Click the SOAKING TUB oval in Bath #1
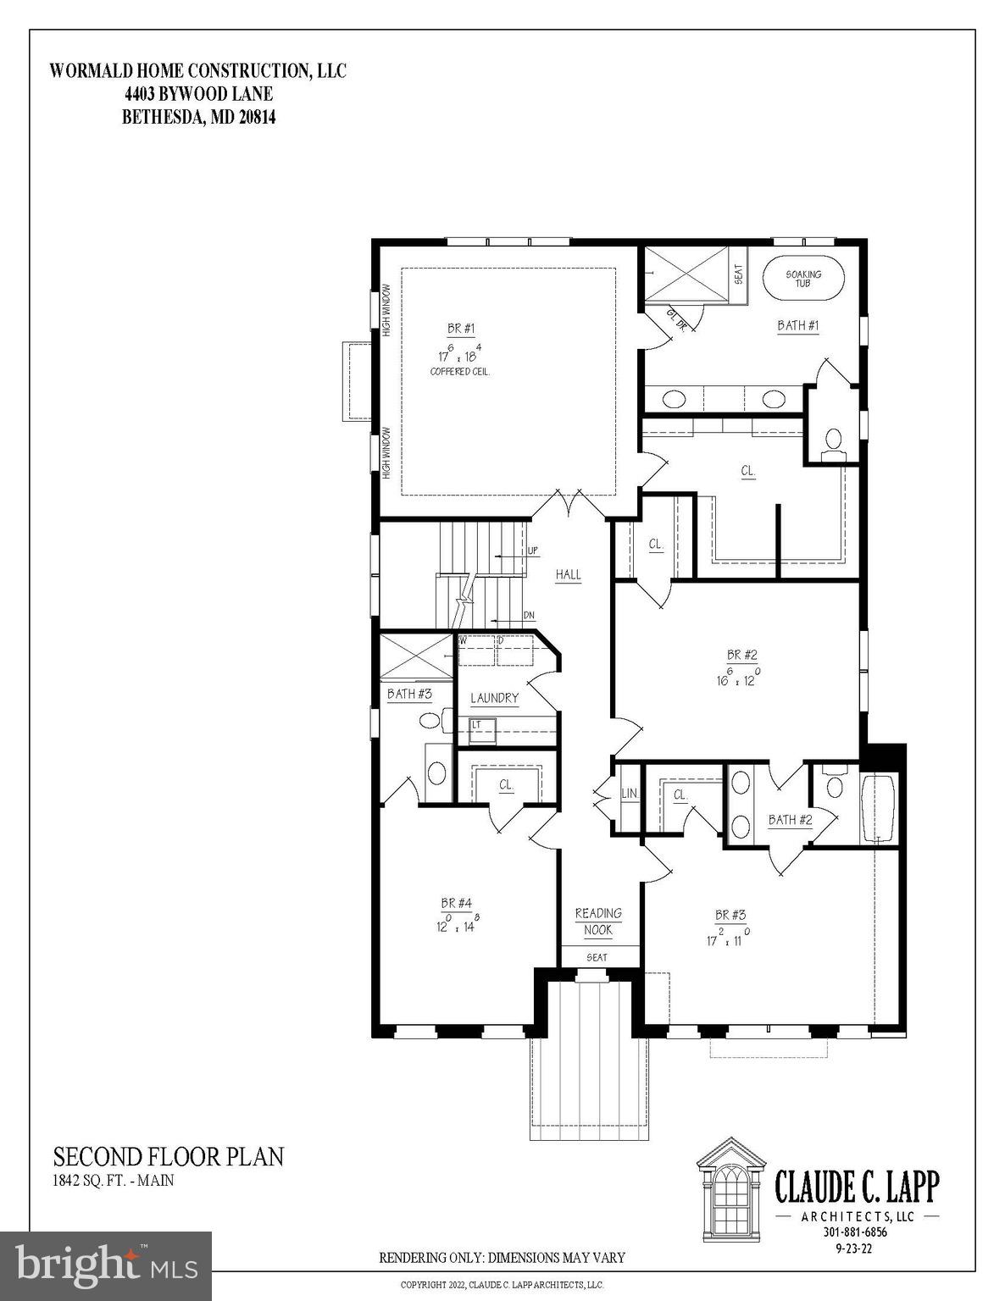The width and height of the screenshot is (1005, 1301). pyautogui.click(x=803, y=279)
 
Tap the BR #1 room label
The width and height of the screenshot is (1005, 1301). pyautogui.click(x=461, y=329)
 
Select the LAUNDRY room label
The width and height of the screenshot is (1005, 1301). pyautogui.click(x=494, y=698)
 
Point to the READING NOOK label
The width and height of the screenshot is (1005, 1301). pyautogui.click(x=598, y=922)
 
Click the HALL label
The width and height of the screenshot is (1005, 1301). pyautogui.click(x=568, y=574)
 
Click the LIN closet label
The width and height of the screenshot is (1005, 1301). pyautogui.click(x=629, y=794)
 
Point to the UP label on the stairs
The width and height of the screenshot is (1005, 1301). pyautogui.click(x=532, y=551)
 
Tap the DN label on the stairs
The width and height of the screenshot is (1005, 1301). pyautogui.click(x=528, y=616)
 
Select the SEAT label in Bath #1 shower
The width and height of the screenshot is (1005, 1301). pyautogui.click(x=738, y=274)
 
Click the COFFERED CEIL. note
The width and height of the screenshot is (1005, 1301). pyautogui.click(x=461, y=371)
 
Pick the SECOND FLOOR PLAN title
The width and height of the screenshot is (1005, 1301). pyautogui.click(x=169, y=1157)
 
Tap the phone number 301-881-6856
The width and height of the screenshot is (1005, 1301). pyautogui.click(x=854, y=1232)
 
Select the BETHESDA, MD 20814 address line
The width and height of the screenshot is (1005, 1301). pyautogui.click(x=199, y=118)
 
